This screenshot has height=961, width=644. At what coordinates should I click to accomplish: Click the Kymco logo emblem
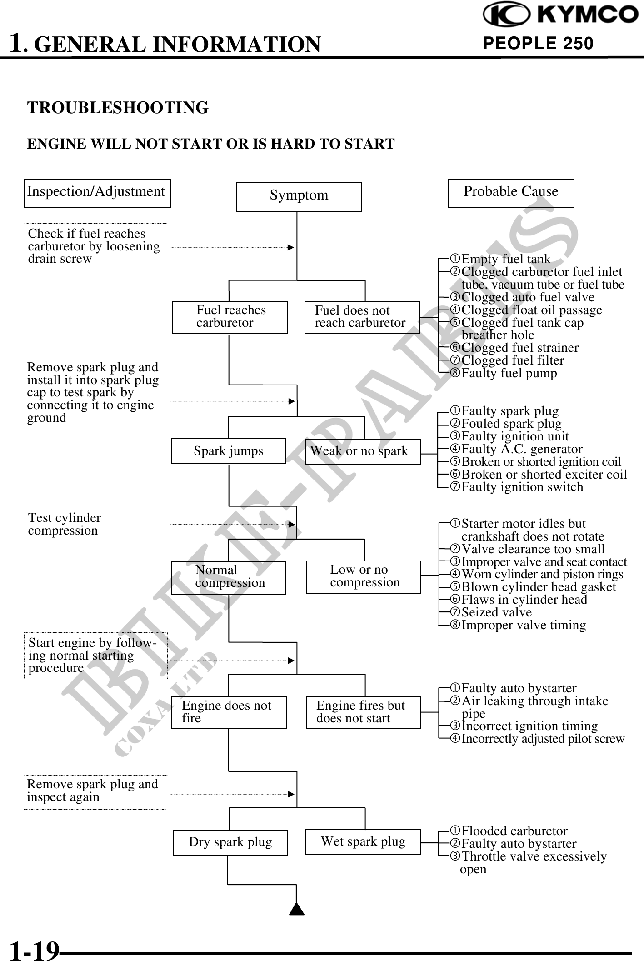pyautogui.click(x=505, y=15)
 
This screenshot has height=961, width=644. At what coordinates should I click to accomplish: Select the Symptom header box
pyautogui.click(x=299, y=196)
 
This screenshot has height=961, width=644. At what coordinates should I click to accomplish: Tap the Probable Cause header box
pyautogui.click(x=511, y=193)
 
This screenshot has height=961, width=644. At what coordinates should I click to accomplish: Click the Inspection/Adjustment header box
pyautogui.click(x=97, y=193)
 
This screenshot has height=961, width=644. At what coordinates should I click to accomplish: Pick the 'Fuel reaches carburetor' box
pyautogui.click(x=230, y=317)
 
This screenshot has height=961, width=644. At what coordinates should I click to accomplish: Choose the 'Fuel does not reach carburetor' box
pyautogui.click(x=362, y=317)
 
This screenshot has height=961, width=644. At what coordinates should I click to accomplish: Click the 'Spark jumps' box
pyautogui.click(x=228, y=451)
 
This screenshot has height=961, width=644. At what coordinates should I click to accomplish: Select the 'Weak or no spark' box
pyautogui.click(x=363, y=451)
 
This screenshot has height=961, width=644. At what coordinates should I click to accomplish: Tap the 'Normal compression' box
pyautogui.click(x=228, y=577)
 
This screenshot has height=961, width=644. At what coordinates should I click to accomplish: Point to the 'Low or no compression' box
pyautogui.click(x=363, y=576)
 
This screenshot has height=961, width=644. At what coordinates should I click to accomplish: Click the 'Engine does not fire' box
pyautogui.click(x=229, y=712)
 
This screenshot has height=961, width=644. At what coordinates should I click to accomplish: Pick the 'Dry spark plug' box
pyautogui.click(x=230, y=842)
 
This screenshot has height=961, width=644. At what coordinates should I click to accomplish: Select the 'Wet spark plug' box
pyautogui.click(x=363, y=841)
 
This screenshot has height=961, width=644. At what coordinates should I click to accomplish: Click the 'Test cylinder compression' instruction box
pyautogui.click(x=95, y=525)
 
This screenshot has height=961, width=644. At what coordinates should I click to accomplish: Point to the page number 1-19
pyautogui.click(x=35, y=950)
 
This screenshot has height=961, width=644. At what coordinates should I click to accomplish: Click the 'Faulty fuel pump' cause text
pyautogui.click(x=509, y=373)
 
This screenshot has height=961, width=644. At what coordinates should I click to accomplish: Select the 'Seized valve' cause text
pyautogui.click(x=496, y=612)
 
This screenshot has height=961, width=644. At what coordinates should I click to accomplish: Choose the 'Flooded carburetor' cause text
pyautogui.click(x=514, y=831)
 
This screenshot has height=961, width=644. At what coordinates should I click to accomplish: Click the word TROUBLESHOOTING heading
pyautogui.click(x=118, y=108)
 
